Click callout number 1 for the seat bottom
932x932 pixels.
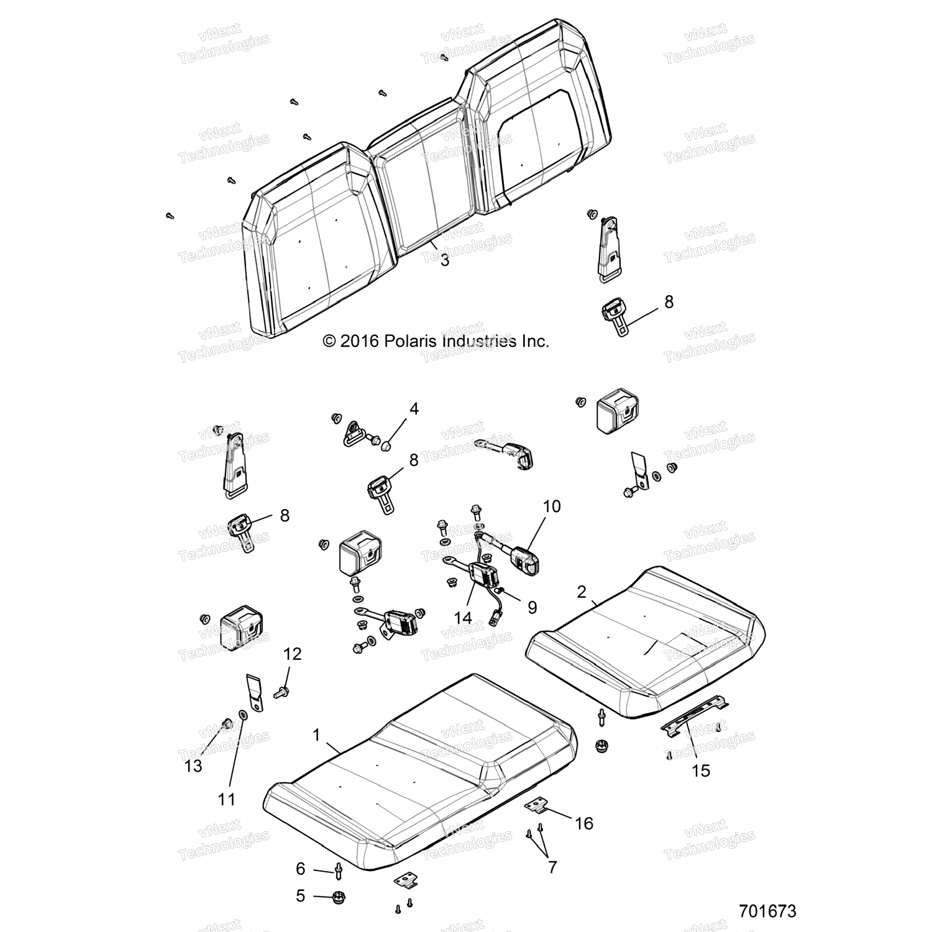pyautogui.click(x=316, y=735)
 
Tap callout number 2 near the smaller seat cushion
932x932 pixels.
pyautogui.click(x=581, y=592)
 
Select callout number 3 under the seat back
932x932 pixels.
pyautogui.click(x=444, y=260)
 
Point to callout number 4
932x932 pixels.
pyautogui.click(x=414, y=409)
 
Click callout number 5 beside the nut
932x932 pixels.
pyautogui.click(x=301, y=897)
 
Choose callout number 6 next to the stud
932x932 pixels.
pyautogui.click(x=301, y=869)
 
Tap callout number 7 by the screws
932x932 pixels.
pyautogui.click(x=552, y=867)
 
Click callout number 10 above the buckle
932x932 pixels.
pyautogui.click(x=551, y=506)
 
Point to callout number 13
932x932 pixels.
pyautogui.click(x=193, y=765)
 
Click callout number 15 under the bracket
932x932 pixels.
pyautogui.click(x=700, y=770)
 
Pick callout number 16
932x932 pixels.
pyautogui.click(x=584, y=823)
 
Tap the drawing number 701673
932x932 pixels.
pyautogui.click(x=767, y=911)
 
